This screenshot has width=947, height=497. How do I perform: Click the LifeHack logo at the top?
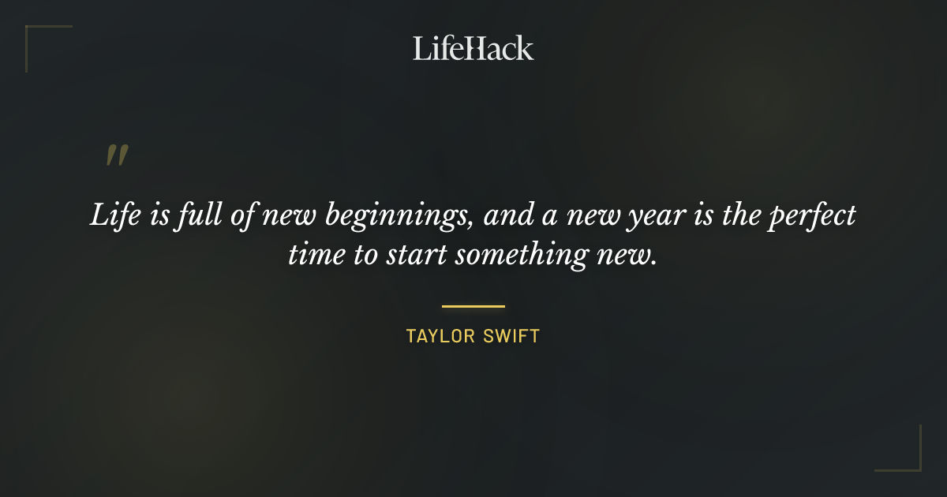(x=473, y=48)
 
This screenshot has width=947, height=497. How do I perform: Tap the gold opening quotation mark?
(x=116, y=155)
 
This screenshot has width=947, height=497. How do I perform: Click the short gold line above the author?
(x=473, y=306)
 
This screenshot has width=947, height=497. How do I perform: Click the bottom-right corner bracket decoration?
(x=908, y=458)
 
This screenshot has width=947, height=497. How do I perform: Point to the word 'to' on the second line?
(x=364, y=256)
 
